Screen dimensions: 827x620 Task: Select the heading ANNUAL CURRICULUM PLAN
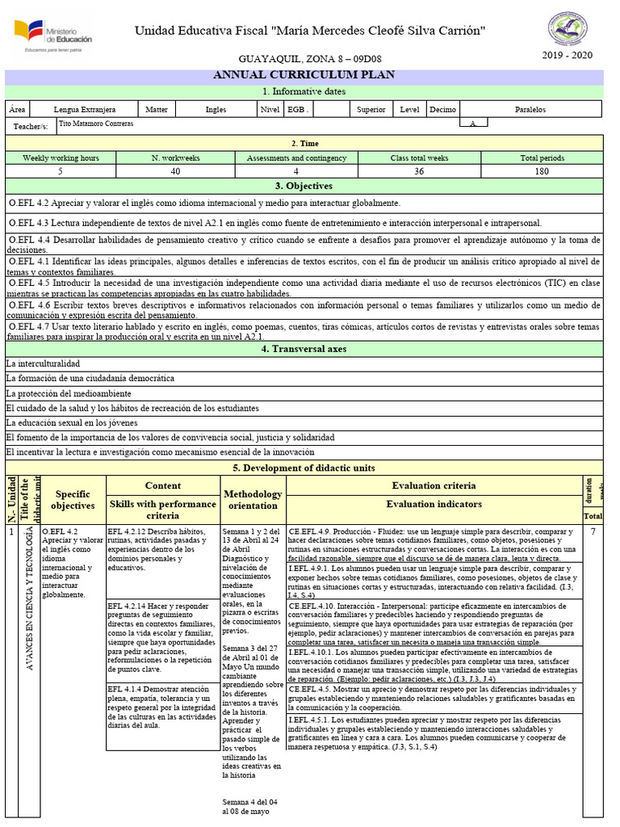click(x=304, y=75)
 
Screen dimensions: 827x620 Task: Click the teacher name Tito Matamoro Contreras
click(x=97, y=124)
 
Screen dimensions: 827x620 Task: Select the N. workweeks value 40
click(x=175, y=171)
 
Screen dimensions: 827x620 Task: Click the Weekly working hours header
click(x=61, y=158)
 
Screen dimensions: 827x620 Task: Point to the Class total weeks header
click(x=419, y=158)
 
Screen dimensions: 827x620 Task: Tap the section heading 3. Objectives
click(x=304, y=186)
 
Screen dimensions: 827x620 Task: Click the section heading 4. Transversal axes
click(x=304, y=349)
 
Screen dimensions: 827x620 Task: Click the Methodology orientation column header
click(x=253, y=499)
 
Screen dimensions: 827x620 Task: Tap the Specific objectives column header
click(x=73, y=499)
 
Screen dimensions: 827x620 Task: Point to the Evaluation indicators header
click(x=434, y=505)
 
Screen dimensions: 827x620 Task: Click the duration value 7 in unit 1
click(x=593, y=531)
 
